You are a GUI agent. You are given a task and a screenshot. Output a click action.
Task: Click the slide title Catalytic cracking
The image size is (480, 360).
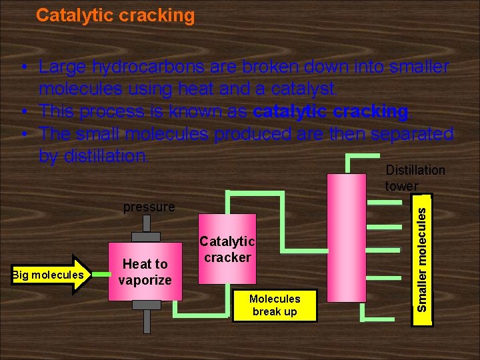pyautogui.click(x=115, y=15)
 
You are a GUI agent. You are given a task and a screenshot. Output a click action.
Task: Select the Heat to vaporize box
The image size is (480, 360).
pyautogui.click(x=145, y=271)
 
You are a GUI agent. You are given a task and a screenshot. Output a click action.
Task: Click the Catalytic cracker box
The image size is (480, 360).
pyautogui.click(x=227, y=248)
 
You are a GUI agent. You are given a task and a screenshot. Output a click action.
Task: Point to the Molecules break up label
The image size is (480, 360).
pyautogui.click(x=275, y=305)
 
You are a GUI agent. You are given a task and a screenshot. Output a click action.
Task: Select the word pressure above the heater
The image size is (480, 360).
pyautogui.click(x=149, y=207)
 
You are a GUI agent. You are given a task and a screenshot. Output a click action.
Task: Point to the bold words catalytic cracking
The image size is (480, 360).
pyautogui.click(x=330, y=111)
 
